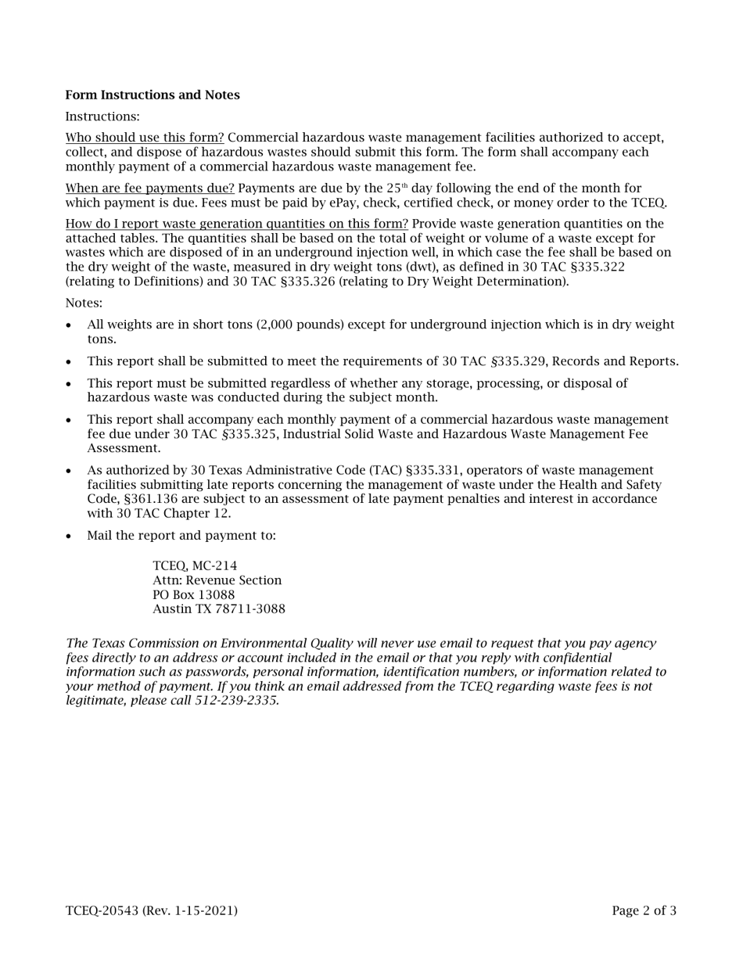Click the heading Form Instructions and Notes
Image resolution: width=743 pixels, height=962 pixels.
click(152, 95)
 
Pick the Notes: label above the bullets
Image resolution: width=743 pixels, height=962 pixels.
click(84, 303)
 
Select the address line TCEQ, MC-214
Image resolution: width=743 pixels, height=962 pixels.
click(195, 565)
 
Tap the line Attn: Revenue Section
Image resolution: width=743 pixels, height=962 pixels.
click(217, 580)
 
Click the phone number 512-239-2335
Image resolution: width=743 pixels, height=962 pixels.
click(236, 700)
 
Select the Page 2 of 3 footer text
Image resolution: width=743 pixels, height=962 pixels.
click(644, 910)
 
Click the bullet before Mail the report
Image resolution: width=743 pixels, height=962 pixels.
click(70, 537)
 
